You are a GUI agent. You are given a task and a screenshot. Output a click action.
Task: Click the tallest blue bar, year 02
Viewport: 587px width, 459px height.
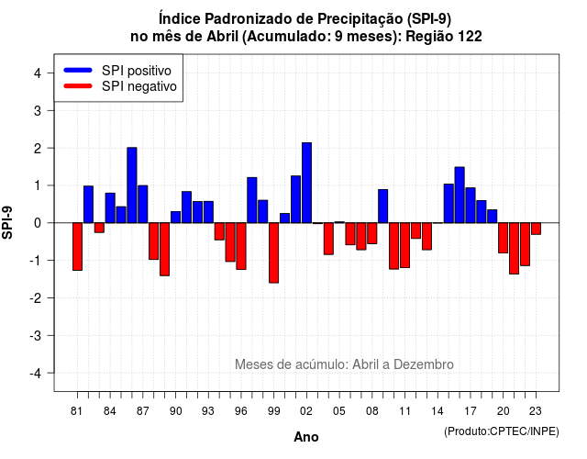(x=306, y=183)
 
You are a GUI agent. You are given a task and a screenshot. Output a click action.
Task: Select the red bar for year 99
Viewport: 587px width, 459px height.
(x=273, y=253)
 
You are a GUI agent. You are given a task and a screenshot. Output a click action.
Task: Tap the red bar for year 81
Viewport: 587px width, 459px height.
(x=77, y=247)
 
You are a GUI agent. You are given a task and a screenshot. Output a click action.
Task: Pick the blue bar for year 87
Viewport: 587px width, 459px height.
(x=143, y=204)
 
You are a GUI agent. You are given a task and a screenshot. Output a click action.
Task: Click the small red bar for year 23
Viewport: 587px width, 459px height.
(x=536, y=229)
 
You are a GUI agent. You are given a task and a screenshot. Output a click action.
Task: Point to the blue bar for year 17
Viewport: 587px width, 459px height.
(x=471, y=206)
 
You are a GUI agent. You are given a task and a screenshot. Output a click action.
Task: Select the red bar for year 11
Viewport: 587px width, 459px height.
(x=405, y=245)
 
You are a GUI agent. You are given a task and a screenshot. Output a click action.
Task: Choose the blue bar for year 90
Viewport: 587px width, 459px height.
(x=175, y=217)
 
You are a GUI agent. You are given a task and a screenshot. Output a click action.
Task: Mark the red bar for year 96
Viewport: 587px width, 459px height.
(x=241, y=246)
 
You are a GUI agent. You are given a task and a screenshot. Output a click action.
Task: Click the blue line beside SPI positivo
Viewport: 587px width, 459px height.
(x=78, y=70)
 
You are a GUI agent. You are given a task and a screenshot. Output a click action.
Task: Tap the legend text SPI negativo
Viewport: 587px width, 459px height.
(x=139, y=86)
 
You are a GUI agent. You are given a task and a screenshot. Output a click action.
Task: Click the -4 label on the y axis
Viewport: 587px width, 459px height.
(x=36, y=374)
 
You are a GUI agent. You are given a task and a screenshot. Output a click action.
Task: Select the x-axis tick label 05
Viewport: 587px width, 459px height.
(x=339, y=411)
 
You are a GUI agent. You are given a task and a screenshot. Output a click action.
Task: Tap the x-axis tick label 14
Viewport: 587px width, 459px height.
(x=437, y=411)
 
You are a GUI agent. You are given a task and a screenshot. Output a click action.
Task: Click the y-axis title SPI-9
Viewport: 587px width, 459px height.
(x=7, y=222)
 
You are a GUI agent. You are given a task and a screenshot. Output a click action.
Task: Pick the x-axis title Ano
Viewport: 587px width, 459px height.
(x=306, y=437)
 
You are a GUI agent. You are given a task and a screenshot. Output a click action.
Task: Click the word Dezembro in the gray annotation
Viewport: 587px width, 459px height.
(x=424, y=364)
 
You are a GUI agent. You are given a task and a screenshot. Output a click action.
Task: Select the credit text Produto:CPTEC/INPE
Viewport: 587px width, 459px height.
(x=502, y=431)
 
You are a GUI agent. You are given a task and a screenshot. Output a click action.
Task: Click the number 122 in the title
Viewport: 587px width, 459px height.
(x=471, y=37)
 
